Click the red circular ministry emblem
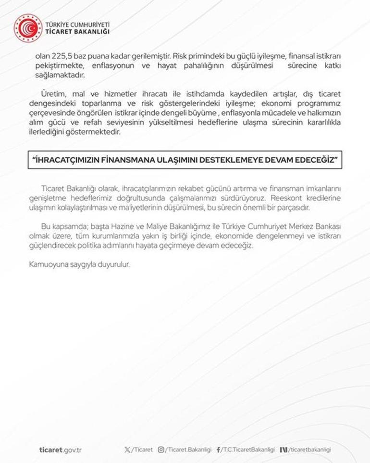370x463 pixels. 28,28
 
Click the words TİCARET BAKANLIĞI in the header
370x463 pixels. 77,32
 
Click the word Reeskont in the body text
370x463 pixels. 285,198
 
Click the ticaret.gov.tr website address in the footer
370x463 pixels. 60,450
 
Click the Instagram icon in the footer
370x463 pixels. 161,450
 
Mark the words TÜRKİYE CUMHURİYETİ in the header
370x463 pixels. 77,24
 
